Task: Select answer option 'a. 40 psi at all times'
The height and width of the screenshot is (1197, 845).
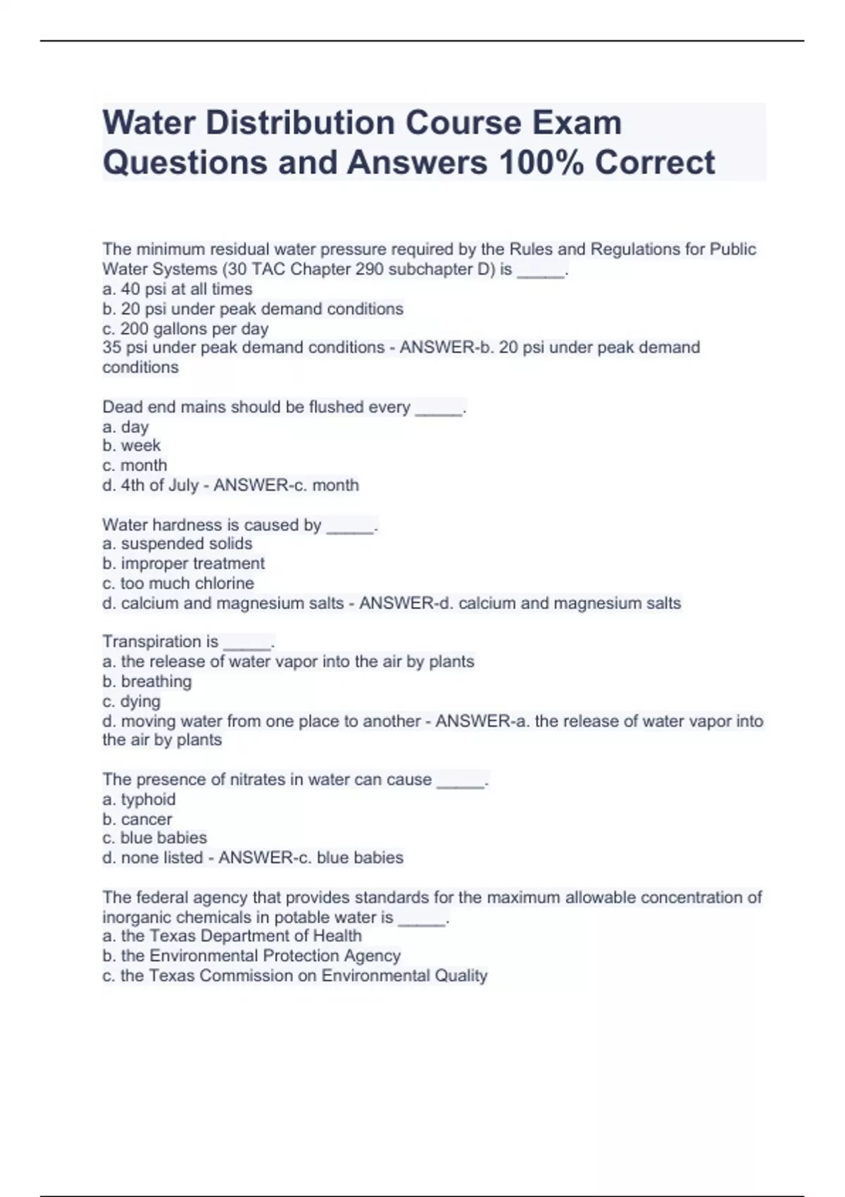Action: (x=177, y=289)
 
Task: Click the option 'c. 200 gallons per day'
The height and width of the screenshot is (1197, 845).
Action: (x=185, y=329)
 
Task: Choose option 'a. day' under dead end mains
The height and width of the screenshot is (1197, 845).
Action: (x=125, y=427)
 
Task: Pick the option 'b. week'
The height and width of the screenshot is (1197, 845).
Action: (x=131, y=446)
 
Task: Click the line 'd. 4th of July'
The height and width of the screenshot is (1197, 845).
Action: (x=150, y=485)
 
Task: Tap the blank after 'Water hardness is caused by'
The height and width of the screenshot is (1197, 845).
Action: (x=350, y=526)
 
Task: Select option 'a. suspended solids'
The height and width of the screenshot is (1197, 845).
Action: (x=177, y=544)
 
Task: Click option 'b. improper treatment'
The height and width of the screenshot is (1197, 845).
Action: (x=183, y=563)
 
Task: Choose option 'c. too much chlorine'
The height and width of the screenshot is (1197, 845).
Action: (x=177, y=583)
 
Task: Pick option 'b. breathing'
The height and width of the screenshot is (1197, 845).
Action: (x=146, y=682)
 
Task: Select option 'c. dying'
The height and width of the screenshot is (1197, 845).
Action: (x=131, y=701)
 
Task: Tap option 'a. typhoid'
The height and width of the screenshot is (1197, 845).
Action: (x=139, y=800)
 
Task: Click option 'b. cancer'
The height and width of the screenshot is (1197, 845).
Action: (x=137, y=820)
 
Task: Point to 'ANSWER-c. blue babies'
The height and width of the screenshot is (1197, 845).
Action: (x=311, y=858)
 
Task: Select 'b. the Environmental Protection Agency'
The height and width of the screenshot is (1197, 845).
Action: (x=251, y=955)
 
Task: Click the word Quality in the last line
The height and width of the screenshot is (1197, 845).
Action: (x=461, y=976)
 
